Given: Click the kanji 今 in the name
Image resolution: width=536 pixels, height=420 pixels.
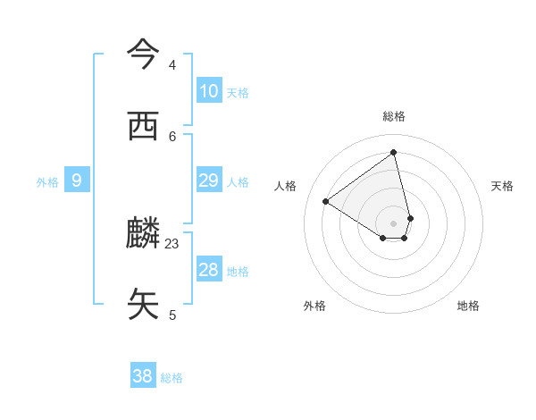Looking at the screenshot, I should [x=143, y=55].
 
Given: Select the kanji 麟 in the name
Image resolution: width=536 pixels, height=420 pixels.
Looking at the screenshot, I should [x=143, y=233].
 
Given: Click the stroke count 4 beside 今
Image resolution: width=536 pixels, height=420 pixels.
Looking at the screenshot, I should [x=172, y=65].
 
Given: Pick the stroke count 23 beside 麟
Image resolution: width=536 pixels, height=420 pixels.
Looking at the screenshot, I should [x=172, y=244].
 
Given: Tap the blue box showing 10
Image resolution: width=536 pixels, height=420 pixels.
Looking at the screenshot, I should [x=209, y=91].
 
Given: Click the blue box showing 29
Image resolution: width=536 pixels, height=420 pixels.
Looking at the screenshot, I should [x=209, y=181].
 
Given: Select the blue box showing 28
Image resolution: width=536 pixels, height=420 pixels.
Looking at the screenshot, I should [x=209, y=270].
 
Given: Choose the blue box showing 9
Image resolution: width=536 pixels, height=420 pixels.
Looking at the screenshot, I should [x=77, y=181].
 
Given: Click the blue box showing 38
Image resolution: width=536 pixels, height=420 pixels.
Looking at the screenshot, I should [x=143, y=376].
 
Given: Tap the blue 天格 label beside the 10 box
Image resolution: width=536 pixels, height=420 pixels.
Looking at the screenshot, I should [x=238, y=93].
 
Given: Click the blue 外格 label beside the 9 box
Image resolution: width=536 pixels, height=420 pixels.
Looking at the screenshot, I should [x=47, y=182].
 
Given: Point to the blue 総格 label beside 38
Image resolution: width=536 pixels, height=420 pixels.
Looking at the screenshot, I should [x=172, y=378].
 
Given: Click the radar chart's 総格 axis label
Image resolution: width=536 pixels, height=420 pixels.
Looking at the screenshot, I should [x=394, y=116].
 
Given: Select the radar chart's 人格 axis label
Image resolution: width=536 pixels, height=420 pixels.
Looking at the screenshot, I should [x=286, y=186].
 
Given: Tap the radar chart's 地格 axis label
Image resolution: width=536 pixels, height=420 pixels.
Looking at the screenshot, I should [x=468, y=306].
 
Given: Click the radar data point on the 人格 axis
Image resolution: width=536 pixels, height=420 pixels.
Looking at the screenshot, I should [x=326, y=201].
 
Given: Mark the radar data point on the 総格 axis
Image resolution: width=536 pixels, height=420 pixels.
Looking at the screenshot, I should [x=394, y=153].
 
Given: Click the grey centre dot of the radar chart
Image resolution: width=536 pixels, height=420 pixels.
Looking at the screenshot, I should [x=394, y=223].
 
